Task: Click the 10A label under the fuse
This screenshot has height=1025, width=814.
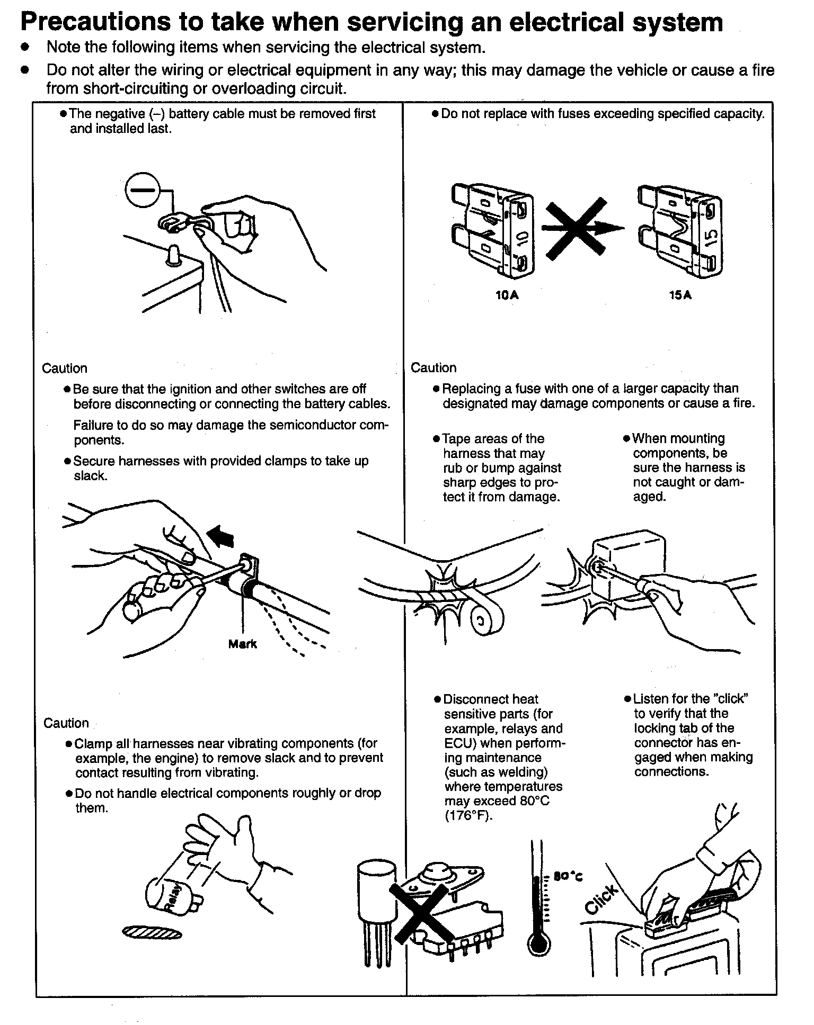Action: click(x=507, y=295)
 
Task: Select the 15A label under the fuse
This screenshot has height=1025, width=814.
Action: click(x=680, y=295)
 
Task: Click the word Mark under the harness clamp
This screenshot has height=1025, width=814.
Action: click(x=242, y=644)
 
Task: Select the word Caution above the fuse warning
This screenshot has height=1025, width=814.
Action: click(x=433, y=367)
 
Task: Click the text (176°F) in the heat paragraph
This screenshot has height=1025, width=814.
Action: click(x=469, y=816)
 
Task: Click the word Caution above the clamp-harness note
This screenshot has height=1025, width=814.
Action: click(x=66, y=723)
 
